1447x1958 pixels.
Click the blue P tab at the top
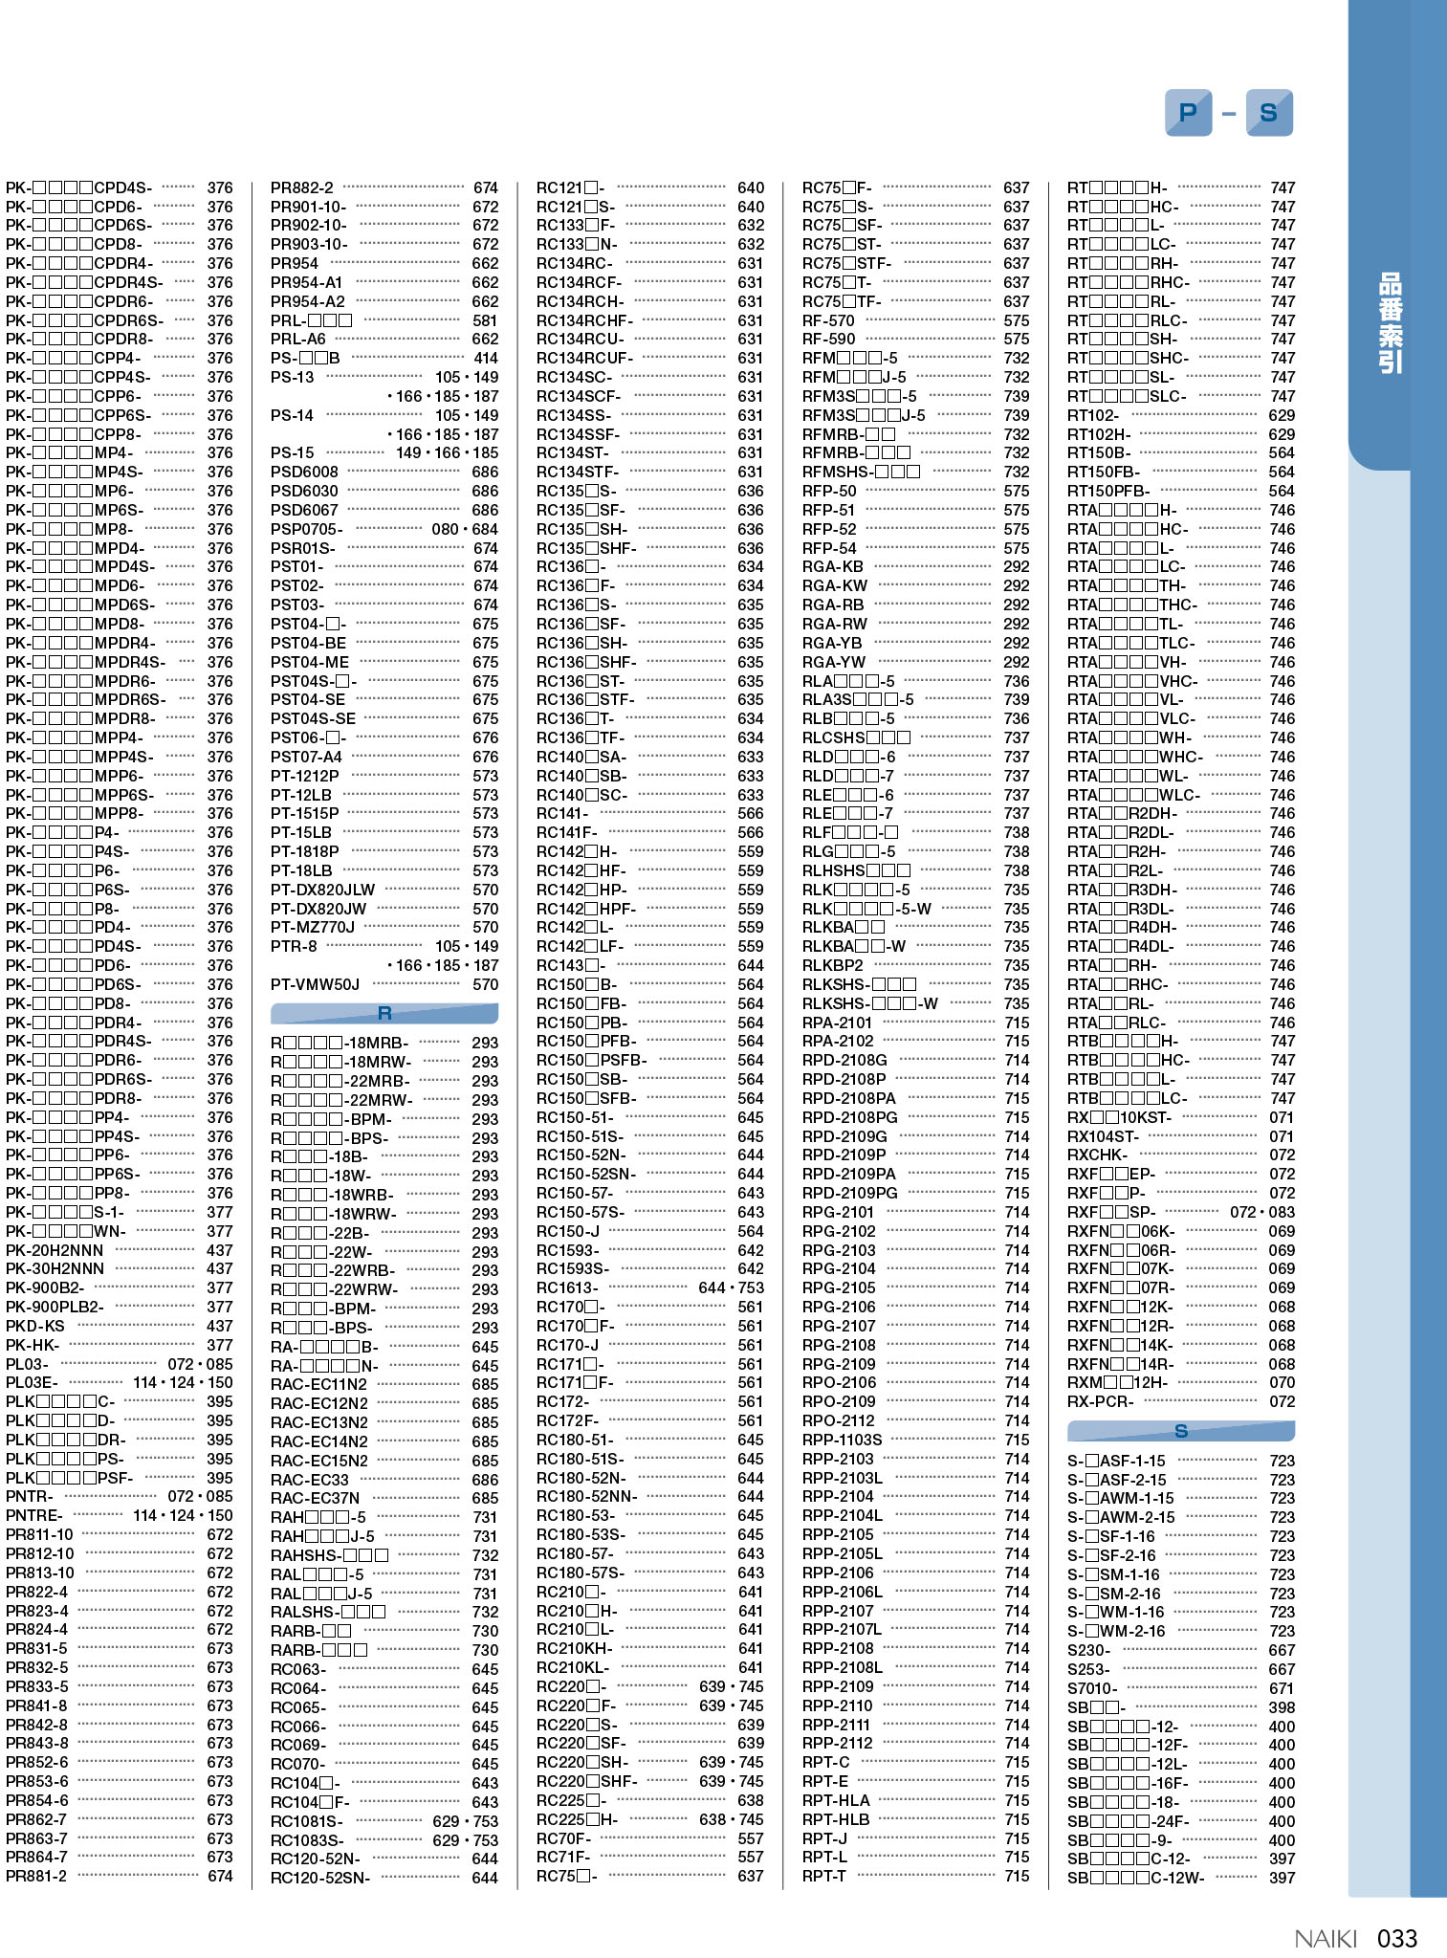pyautogui.click(x=1188, y=113)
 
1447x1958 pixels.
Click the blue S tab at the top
pyautogui.click(x=1269, y=113)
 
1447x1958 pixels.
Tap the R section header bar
pyautogui.click(x=384, y=1014)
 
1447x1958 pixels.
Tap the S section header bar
pyautogui.click(x=1180, y=1431)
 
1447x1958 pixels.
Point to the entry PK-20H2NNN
pyautogui.click(x=55, y=1250)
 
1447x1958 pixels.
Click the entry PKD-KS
pyautogui.click(x=35, y=1326)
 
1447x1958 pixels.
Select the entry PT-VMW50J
pyautogui.click(x=315, y=984)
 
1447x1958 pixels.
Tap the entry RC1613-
pyautogui.click(x=567, y=1287)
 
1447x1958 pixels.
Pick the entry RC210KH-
pyautogui.click(x=574, y=1648)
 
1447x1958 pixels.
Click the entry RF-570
pyautogui.click(x=828, y=320)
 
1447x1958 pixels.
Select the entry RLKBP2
pyautogui.click(x=832, y=965)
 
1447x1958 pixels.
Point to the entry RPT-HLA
pyautogui.click(x=836, y=1800)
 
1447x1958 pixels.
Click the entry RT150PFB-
pyautogui.click(x=1108, y=491)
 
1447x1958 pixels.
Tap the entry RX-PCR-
pyautogui.click(x=1100, y=1401)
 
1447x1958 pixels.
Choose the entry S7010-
pyautogui.click(x=1092, y=1688)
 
